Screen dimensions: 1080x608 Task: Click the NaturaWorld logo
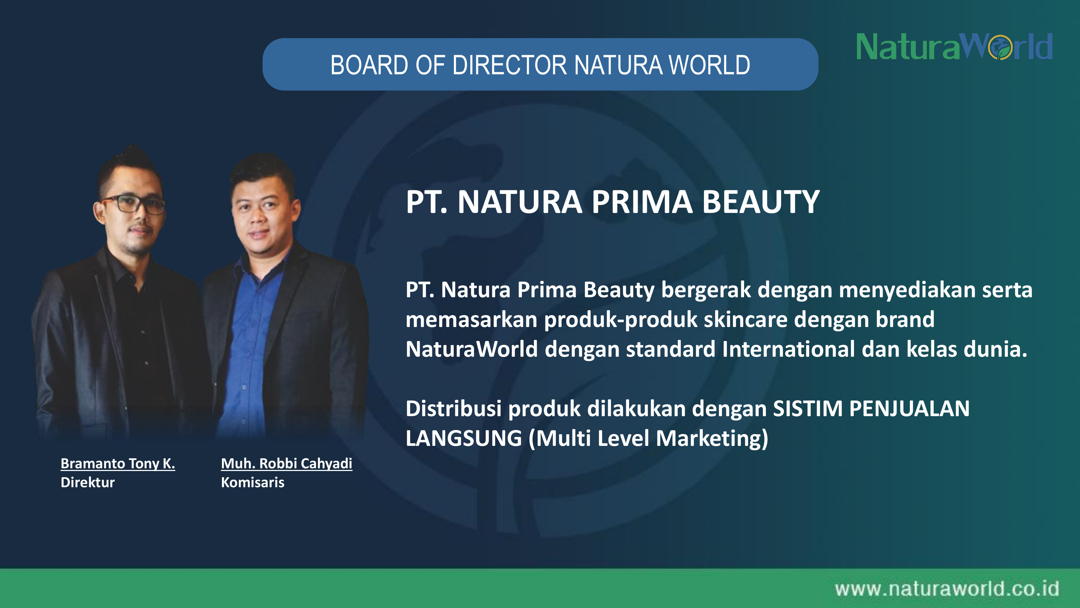point(954,46)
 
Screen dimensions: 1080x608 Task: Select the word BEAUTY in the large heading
point(761,202)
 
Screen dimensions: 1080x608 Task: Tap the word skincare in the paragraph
point(746,319)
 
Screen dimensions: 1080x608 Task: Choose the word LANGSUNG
point(464,438)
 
